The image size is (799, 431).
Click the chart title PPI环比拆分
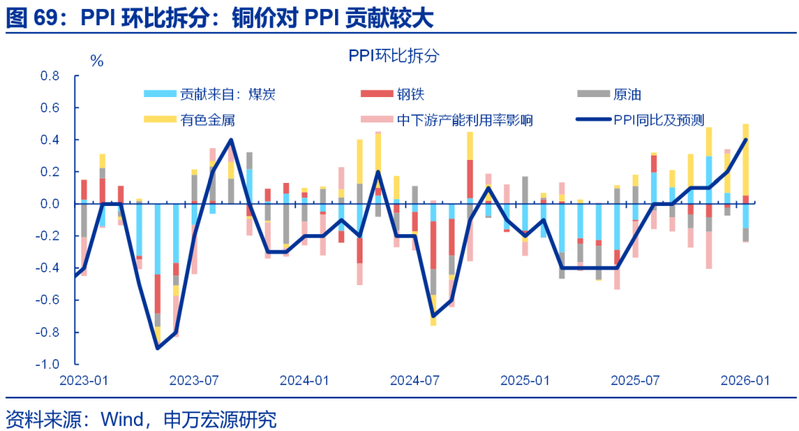[394, 56]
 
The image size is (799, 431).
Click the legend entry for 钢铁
[410, 94]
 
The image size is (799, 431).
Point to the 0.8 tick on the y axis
[49, 76]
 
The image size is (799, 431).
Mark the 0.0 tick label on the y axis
[49, 204]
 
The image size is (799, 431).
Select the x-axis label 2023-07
[194, 381]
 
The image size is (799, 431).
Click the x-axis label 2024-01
[304, 381]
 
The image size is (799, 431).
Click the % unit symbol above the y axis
[97, 61]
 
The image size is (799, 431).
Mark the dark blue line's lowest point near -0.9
[157, 348]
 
